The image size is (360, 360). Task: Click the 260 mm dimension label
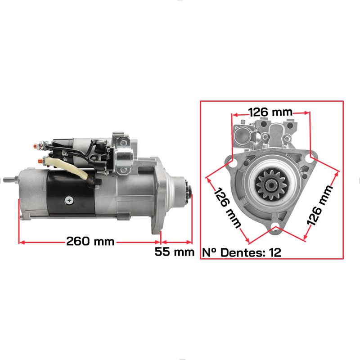tap(90, 241)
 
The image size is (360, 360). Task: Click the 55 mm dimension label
tap(175, 252)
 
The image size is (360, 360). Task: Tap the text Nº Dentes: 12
tap(242, 252)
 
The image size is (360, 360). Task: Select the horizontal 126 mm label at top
tap(270, 112)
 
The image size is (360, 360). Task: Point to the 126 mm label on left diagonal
tap(228, 208)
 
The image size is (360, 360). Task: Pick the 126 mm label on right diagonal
tap(320, 205)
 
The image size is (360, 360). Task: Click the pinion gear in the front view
tap(271, 183)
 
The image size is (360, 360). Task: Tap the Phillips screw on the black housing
tap(69, 200)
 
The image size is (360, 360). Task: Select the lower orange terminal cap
tap(41, 160)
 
